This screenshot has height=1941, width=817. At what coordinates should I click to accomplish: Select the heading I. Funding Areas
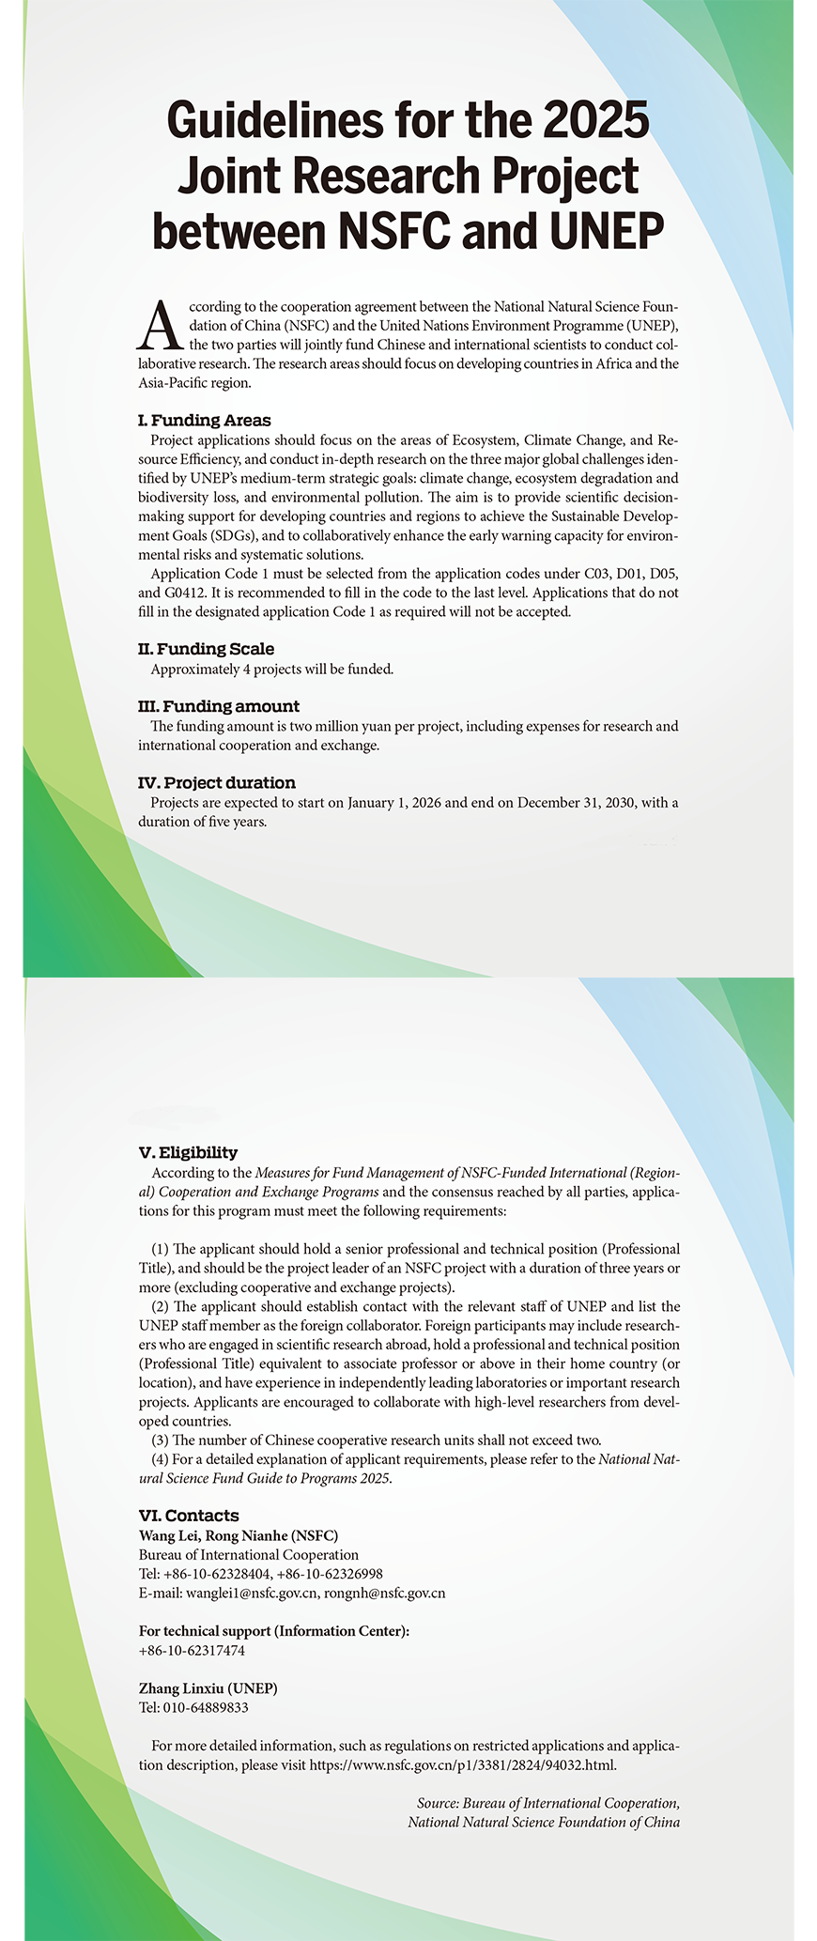pos(204,420)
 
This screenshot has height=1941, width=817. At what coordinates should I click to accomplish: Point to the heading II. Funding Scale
pos(206,649)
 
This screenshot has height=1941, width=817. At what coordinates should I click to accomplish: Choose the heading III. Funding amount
pos(218,706)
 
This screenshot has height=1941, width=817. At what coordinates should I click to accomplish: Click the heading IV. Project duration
pos(216,782)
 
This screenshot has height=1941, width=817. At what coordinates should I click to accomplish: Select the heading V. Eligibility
pos(188,1152)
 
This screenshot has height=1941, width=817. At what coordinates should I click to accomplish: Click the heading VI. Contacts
pos(188,1515)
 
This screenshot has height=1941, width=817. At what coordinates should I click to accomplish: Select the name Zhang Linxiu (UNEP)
pos(208,1688)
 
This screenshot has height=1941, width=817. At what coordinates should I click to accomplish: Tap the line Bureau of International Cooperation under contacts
pos(248,1554)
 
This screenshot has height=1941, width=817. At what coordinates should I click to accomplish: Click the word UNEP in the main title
pos(606,231)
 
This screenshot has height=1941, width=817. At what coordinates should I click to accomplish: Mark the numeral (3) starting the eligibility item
pos(161,1440)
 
